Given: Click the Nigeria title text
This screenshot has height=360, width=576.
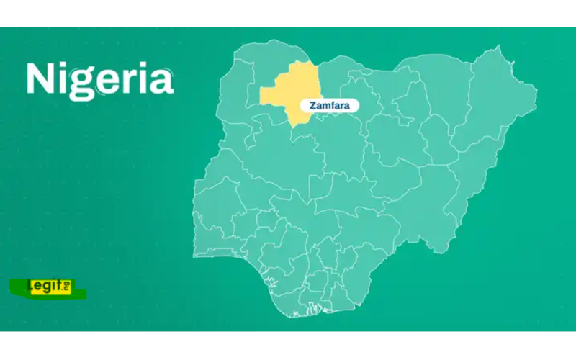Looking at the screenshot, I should click(99, 79).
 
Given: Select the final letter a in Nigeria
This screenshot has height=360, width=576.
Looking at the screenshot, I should click(161, 81).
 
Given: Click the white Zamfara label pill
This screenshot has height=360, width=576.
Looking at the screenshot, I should click(329, 105).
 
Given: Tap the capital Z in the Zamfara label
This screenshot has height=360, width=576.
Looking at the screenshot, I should click(312, 105).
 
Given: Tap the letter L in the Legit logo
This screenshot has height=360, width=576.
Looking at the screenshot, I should click(30, 287).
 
